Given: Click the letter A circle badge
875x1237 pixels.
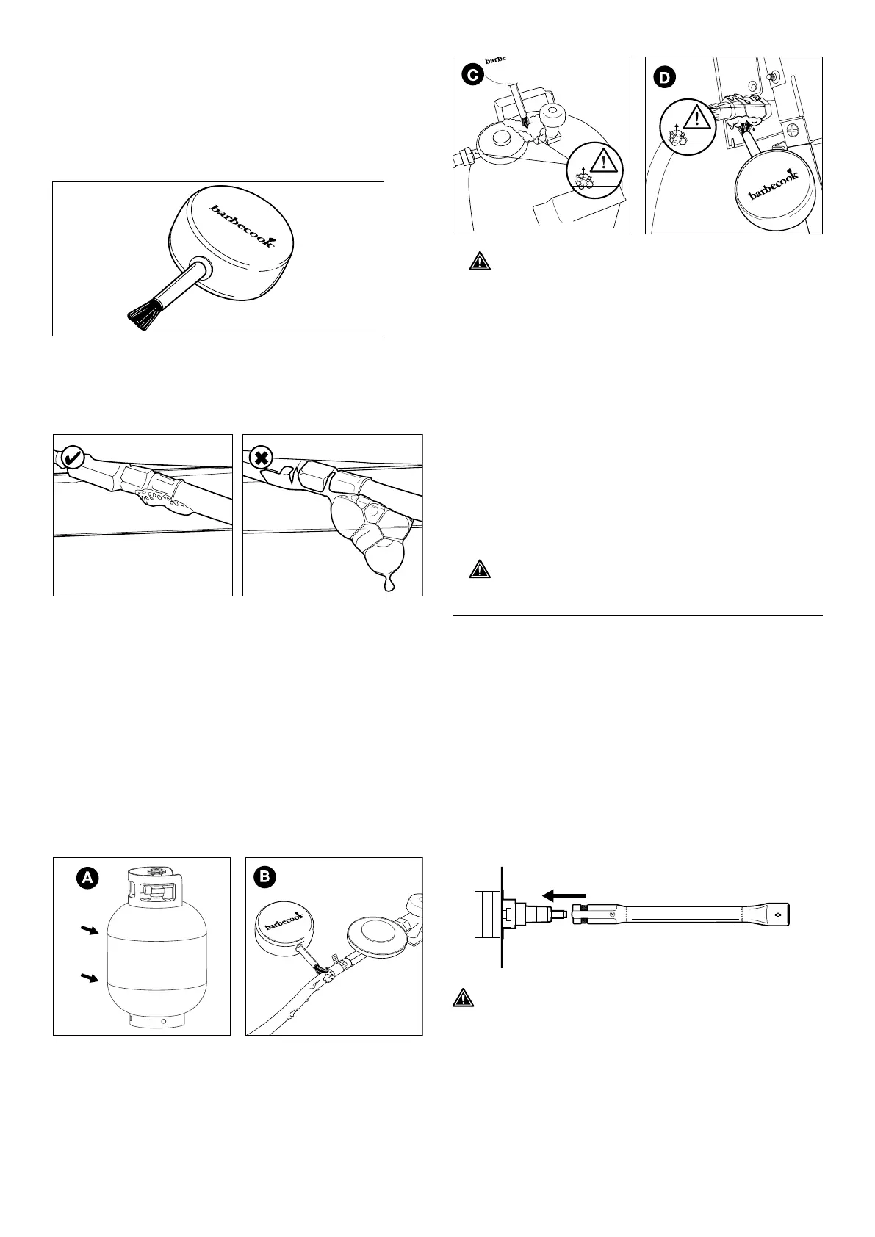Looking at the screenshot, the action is pos(86,877).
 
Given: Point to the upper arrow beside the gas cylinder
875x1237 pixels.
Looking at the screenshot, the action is pos(90,931).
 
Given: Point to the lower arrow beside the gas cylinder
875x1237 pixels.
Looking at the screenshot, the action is pos(90,977).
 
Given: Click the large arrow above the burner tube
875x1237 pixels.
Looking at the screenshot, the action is pos(563,895).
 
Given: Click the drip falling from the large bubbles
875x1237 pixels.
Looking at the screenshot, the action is pos(389,584).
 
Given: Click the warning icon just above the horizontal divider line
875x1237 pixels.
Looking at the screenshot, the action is pos(479,569).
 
